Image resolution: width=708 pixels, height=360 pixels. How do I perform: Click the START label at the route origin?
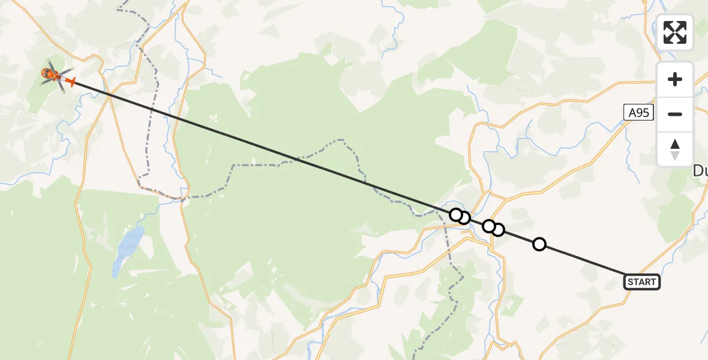coord(642,282)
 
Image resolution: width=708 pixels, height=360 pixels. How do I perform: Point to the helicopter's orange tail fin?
coord(70,82)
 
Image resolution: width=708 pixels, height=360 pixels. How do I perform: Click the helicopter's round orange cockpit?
coord(47,74)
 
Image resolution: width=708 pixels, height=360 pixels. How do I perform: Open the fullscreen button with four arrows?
coord(675,32)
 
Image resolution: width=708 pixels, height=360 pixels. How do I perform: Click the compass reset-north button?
coord(675,149)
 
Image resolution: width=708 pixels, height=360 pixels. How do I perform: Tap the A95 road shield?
coord(637,112)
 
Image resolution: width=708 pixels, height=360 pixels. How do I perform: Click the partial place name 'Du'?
coord(700,171)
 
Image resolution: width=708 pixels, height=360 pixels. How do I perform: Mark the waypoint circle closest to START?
coord(539,244)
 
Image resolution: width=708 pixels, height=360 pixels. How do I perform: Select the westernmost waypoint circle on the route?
coord(456,214)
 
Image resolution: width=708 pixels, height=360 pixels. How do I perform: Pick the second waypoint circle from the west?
coord(464,217)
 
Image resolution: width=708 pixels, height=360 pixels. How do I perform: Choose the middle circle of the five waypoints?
coord(489,226)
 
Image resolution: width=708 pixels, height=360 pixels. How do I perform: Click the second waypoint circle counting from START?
coord(498,229)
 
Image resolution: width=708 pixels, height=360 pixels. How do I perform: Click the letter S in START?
coord(630,282)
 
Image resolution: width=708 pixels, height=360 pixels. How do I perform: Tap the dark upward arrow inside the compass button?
coord(675,144)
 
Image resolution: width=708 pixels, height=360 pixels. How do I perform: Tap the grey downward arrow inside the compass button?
coord(675,156)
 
